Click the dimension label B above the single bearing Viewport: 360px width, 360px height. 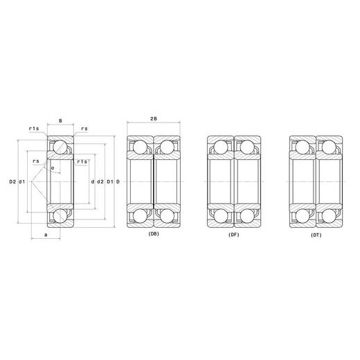(x=60, y=120)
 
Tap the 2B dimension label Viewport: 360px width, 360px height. (x=154, y=118)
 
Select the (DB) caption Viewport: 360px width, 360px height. (x=154, y=234)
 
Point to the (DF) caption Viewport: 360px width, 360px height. (x=233, y=235)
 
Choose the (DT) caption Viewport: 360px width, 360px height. (x=316, y=235)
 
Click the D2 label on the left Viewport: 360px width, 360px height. (x=12, y=181)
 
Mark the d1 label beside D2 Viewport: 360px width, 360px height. (x=21, y=181)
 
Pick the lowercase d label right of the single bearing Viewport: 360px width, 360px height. (x=93, y=182)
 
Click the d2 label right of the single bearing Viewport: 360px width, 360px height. (x=100, y=182)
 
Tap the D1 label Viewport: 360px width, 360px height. (x=109, y=182)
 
